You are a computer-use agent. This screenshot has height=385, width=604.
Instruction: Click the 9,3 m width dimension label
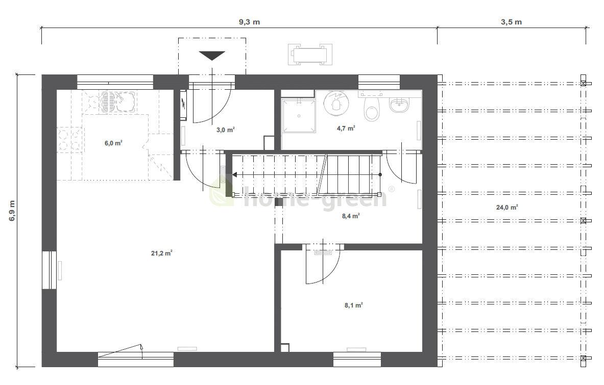(x=249, y=22)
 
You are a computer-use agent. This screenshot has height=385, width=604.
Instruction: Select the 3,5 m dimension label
(x=511, y=22)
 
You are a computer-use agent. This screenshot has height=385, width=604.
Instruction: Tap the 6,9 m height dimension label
(x=12, y=210)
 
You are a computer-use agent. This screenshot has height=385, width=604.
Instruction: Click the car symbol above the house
(x=310, y=54)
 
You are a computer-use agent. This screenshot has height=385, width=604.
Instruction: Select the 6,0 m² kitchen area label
(x=113, y=143)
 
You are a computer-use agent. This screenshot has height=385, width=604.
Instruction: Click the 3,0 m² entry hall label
(x=225, y=130)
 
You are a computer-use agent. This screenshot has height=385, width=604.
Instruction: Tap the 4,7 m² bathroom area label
(x=346, y=129)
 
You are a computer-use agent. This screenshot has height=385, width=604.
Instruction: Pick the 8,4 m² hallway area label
(x=351, y=216)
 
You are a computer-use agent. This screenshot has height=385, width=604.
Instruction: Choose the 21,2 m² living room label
(x=162, y=253)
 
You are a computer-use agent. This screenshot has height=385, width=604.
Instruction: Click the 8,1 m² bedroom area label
(x=353, y=305)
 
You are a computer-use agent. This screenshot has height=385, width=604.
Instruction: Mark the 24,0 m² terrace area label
(x=506, y=208)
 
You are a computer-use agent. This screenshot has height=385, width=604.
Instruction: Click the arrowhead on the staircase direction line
(x=234, y=174)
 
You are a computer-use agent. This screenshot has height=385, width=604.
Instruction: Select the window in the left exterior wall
(x=49, y=270)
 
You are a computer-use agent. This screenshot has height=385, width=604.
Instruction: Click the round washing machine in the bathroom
(x=336, y=102)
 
